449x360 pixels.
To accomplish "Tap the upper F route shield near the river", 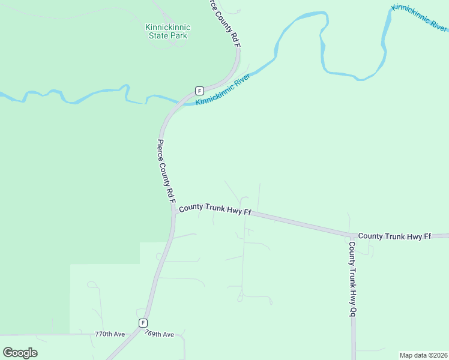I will [199, 91].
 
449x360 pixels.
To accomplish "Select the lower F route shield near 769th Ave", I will [143, 323].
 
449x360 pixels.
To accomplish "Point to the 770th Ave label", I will [110, 334].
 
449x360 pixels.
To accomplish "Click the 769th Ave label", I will [159, 334].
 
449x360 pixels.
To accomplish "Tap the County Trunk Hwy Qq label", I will [353, 279].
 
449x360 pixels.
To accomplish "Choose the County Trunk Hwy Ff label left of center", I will [214, 209].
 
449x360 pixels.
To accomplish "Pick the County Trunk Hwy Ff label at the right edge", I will [394, 236].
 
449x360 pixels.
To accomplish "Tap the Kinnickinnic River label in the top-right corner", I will [420, 18].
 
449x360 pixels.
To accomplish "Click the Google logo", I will [20, 353].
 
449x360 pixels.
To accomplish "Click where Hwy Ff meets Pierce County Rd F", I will [173, 210].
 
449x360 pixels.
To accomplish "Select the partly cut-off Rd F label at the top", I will [225, 21].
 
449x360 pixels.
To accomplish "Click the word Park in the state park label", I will [178, 35].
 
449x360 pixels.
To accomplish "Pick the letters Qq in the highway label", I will [353, 313].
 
